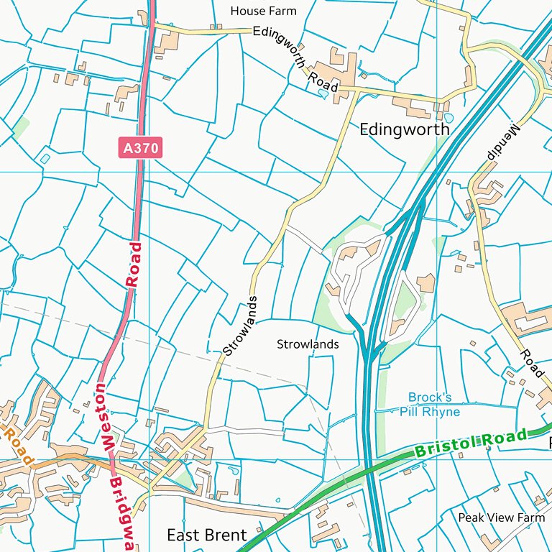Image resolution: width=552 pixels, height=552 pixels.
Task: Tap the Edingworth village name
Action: click(x=404, y=129)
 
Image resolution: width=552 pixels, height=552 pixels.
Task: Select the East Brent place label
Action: click(x=207, y=535)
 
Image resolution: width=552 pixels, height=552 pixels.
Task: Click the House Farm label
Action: click(x=263, y=11)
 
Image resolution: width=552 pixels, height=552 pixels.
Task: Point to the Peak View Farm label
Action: click(x=502, y=517)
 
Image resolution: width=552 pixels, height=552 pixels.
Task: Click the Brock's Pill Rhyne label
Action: click(x=430, y=405)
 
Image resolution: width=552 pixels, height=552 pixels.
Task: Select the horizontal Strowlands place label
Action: click(x=308, y=344)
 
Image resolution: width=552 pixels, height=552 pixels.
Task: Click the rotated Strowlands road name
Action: click(x=239, y=326)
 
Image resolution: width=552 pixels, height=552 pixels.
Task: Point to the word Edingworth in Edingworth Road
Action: click(x=279, y=46)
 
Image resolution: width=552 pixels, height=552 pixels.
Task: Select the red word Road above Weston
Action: click(x=134, y=265)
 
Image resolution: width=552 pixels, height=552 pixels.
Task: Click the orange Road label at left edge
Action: click(x=17, y=445)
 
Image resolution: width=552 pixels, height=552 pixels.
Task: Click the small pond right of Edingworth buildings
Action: click(x=449, y=117)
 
